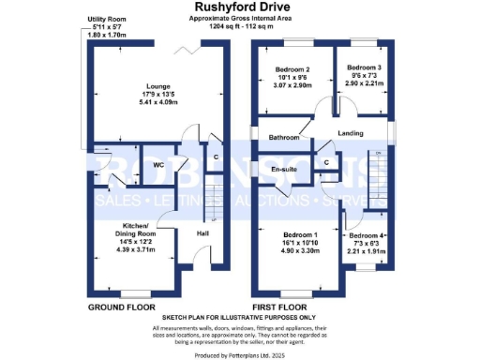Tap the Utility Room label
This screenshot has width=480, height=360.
[x=104, y=18]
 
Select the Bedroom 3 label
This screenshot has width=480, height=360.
[x=364, y=67]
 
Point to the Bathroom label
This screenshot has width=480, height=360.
[x=283, y=138]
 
